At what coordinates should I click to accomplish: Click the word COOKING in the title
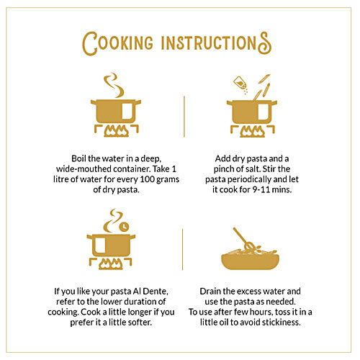[117, 43]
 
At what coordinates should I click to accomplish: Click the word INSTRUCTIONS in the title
[217, 43]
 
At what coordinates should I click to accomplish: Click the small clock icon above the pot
[124, 226]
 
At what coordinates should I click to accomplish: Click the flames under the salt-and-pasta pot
[253, 131]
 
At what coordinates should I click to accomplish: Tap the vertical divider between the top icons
[184, 117]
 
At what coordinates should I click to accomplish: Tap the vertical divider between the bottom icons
[183, 249]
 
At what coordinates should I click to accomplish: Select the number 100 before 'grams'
[147, 179]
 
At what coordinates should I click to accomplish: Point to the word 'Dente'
[156, 292]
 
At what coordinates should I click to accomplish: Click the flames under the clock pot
[111, 264]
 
